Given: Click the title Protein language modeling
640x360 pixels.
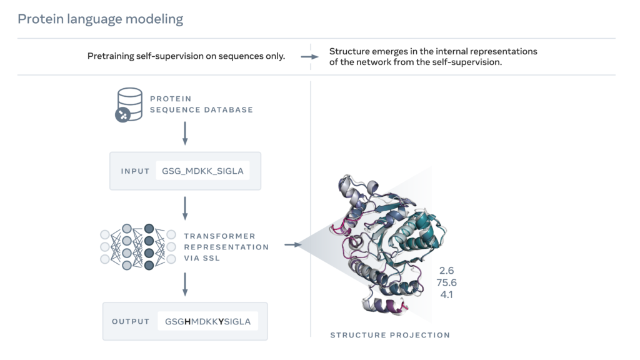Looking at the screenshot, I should [100, 19].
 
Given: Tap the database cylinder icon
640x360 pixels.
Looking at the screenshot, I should [128, 104].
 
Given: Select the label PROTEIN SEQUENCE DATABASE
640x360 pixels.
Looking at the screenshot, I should [201, 104].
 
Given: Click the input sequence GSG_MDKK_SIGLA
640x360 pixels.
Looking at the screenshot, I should [202, 171].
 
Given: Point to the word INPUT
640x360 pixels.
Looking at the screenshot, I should [135, 171].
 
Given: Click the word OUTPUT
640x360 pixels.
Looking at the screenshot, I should [131, 321].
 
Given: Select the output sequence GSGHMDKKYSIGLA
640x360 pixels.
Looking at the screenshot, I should [208, 321].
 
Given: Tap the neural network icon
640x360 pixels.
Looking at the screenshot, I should [138, 246].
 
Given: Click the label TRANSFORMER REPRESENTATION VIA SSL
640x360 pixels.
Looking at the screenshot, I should [226, 246].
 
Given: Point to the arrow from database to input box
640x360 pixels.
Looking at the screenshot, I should [185, 133].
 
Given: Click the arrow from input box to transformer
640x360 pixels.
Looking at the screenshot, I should [185, 207].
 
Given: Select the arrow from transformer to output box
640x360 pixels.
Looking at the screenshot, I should [185, 284].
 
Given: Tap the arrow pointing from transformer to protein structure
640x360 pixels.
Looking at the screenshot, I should [292, 244].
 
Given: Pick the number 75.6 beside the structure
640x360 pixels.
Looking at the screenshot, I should [447, 282].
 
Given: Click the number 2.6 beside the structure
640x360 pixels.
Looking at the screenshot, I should [446, 271].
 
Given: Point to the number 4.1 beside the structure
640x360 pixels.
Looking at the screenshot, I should [446, 294].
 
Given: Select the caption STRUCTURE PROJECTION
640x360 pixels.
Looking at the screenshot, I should [390, 335].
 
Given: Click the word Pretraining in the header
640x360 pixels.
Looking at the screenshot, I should [111, 56].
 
